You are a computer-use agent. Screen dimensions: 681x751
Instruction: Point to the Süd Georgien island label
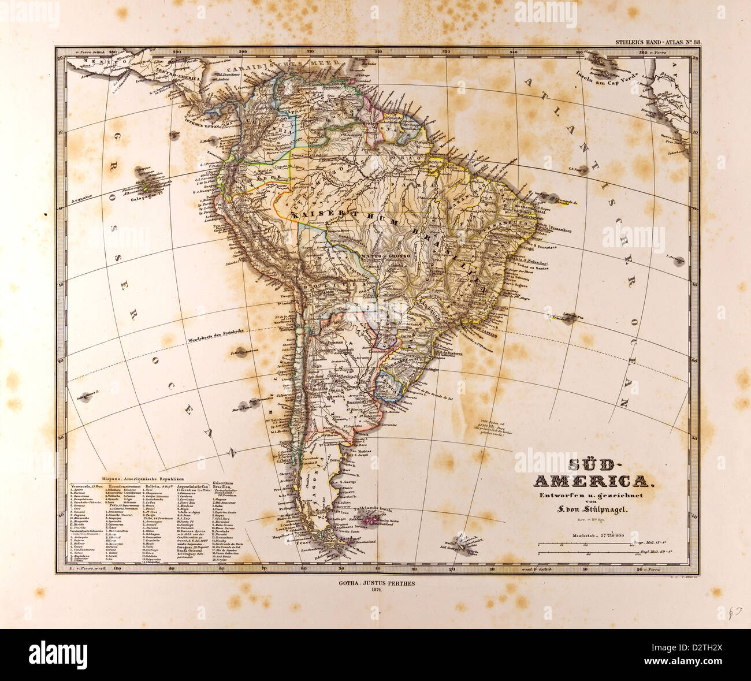pyautogui.click(x=456, y=548)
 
